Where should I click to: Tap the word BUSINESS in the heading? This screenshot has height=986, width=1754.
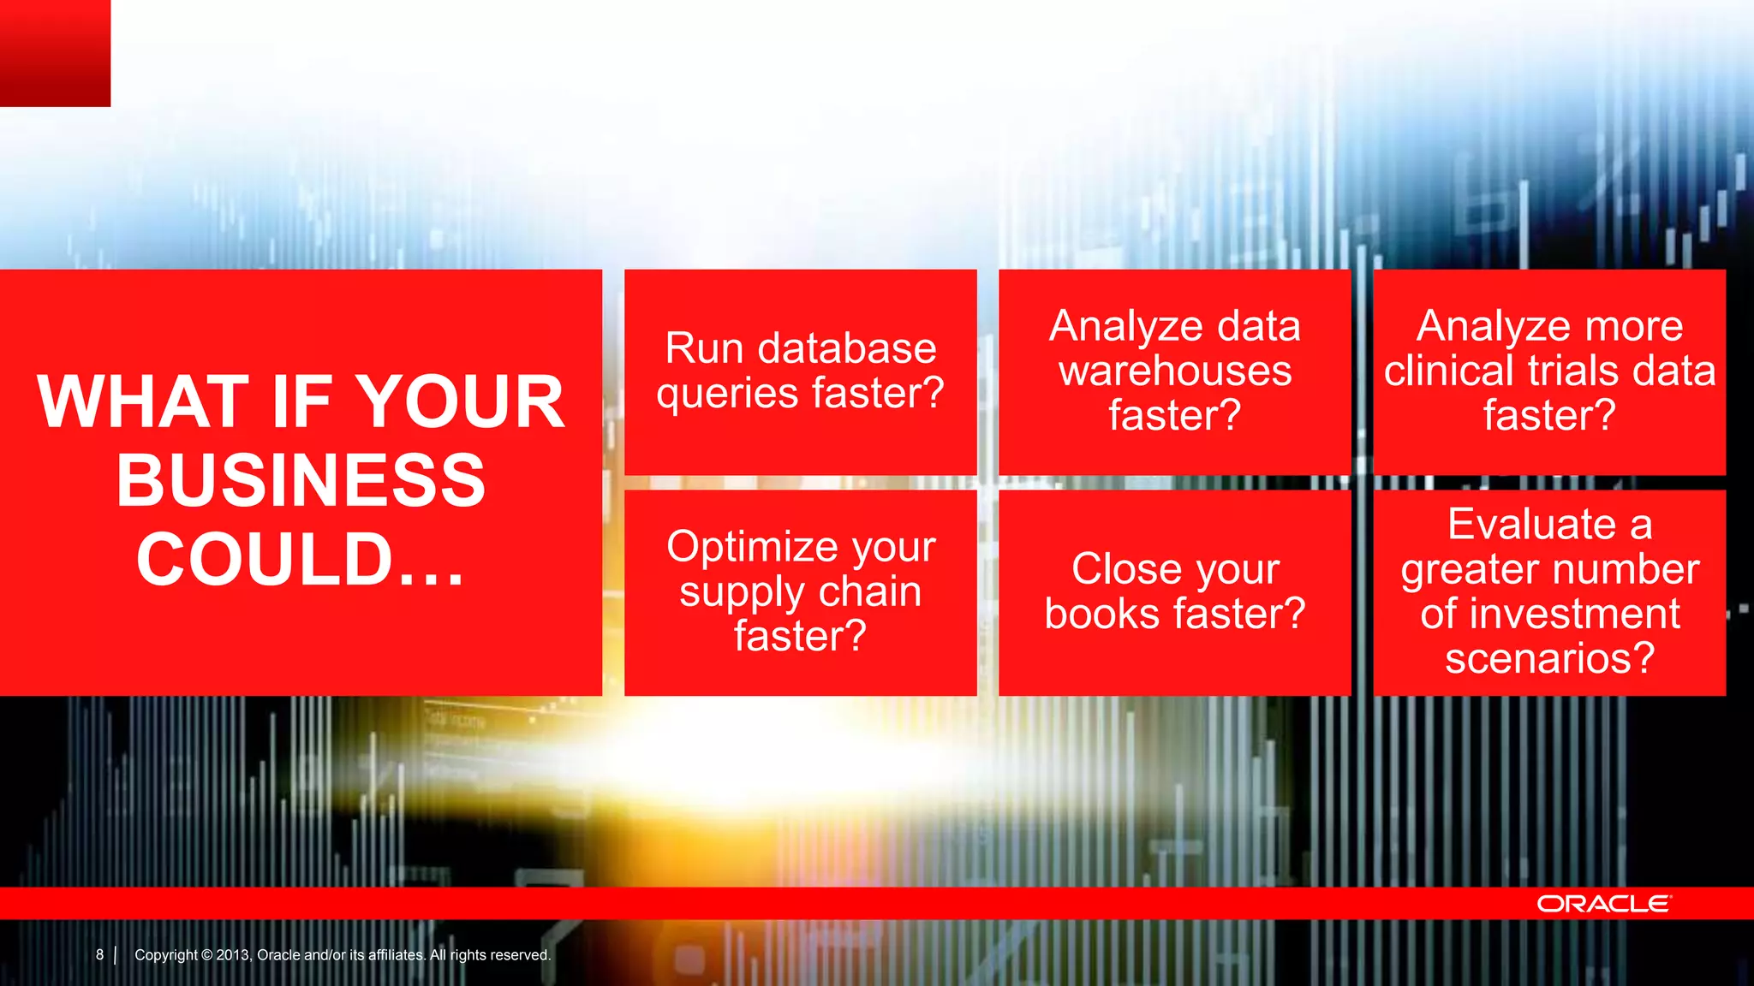tap(301, 480)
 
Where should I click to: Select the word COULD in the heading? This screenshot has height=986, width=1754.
tap(264, 559)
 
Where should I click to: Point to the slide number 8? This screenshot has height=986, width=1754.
tap(99, 954)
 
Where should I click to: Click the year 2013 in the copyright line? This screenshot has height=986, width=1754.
tap(232, 955)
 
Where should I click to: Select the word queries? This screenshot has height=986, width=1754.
tap(728, 394)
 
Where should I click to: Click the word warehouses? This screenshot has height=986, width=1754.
tap(1175, 371)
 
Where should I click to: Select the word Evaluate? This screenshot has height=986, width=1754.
tap(1531, 524)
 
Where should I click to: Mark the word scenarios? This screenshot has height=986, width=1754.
tap(1549, 658)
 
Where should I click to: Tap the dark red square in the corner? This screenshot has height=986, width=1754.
tap(55, 53)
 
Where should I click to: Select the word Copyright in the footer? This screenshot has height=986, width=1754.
tap(166, 955)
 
